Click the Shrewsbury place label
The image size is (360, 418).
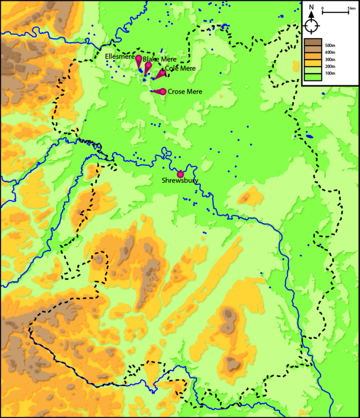(180, 181)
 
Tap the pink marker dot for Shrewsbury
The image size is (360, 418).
(180, 174)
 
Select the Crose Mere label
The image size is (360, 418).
(185, 91)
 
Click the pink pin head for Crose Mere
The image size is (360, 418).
(163, 91)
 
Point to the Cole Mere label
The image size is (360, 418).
(180, 69)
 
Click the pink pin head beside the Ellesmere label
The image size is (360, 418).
(138, 58)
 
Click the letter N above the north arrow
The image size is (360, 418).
(312, 7)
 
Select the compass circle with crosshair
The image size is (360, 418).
(312, 26)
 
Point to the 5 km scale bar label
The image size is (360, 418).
(349, 8)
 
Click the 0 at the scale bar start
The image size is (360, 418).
(323, 8)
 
